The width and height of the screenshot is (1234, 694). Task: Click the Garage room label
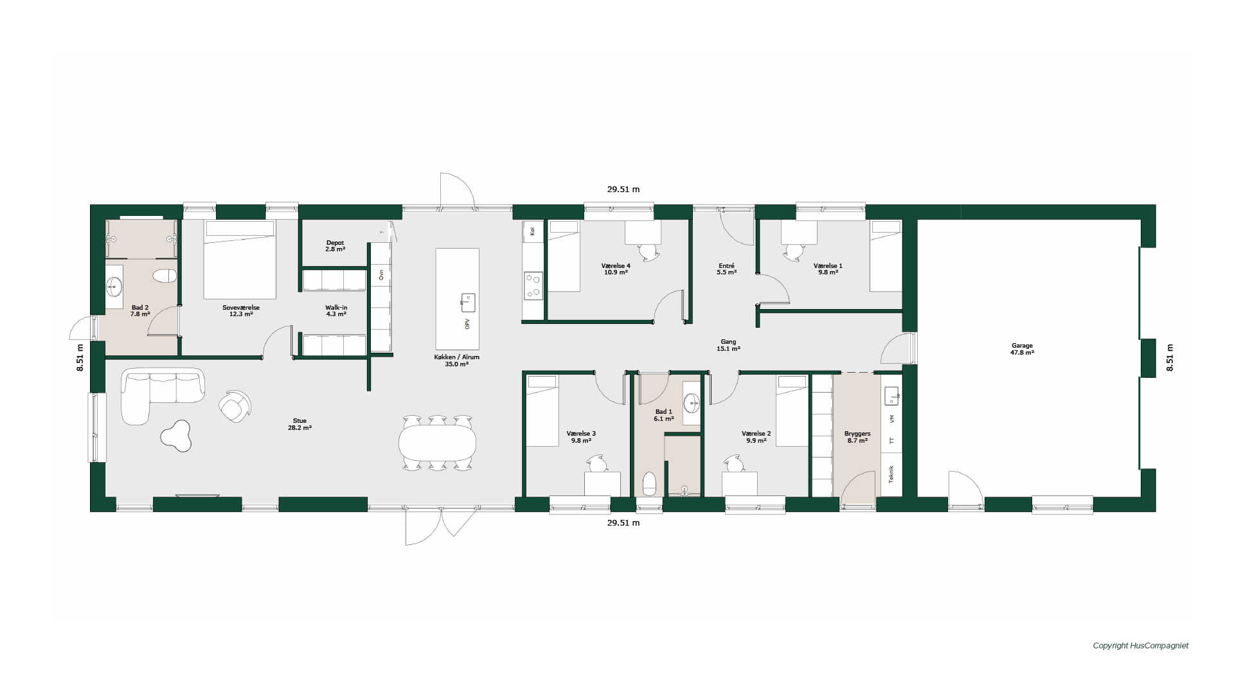click(x=1022, y=349)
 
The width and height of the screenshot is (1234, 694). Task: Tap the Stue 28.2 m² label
click(x=300, y=424)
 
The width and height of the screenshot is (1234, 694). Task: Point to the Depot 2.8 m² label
click(x=335, y=245)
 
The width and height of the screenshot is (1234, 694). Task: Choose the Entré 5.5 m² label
click(x=726, y=269)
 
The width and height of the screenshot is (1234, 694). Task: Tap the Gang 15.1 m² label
click(x=728, y=345)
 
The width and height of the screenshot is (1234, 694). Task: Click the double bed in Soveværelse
click(x=240, y=259)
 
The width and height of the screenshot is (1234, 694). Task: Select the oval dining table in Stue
click(x=437, y=443)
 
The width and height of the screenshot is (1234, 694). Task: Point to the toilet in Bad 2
click(x=165, y=276)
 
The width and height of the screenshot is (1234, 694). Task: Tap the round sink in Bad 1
click(x=692, y=404)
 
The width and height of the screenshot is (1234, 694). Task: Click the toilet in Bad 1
click(x=649, y=484)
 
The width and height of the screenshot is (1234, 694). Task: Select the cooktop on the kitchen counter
click(x=533, y=286)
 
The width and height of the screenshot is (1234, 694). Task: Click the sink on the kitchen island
click(x=468, y=302)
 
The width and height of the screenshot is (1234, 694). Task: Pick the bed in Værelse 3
click(x=542, y=411)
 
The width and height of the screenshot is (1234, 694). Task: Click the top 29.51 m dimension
click(x=623, y=190)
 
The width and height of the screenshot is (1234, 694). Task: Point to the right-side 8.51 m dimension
click(x=1170, y=358)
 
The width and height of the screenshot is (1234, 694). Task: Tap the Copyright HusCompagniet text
click(x=1141, y=646)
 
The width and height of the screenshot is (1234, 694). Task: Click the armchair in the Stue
click(x=235, y=406)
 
